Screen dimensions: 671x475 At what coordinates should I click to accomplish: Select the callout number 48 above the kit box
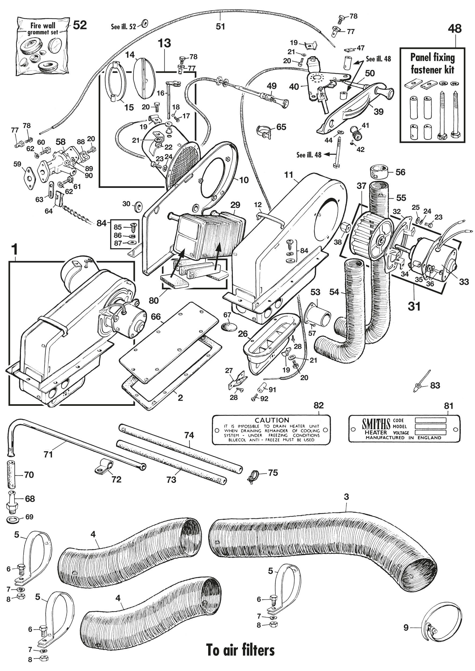(x=455, y=29)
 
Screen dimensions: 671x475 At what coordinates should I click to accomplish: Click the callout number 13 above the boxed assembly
(x=164, y=43)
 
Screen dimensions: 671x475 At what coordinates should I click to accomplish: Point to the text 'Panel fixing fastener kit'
(x=432, y=64)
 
